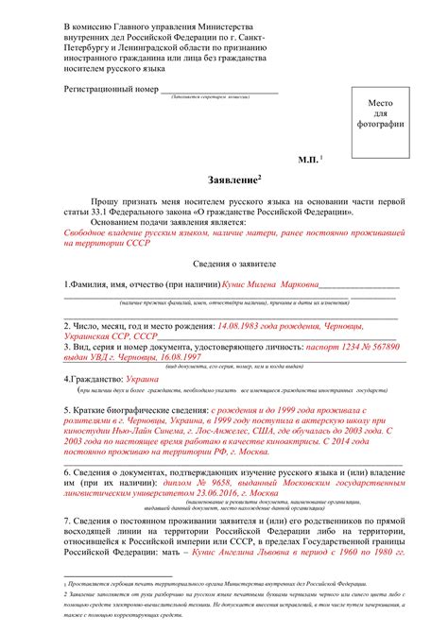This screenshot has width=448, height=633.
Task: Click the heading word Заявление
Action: point(229,180)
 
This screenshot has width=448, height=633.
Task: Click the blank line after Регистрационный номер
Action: point(223,92)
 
